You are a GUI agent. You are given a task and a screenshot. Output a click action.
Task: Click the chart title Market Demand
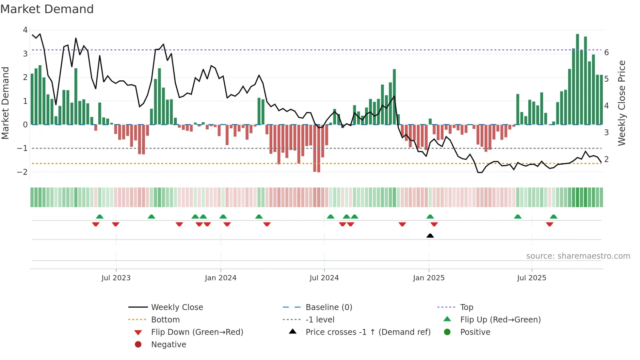[47, 9]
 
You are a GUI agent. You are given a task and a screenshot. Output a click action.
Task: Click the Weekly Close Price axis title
[622, 103]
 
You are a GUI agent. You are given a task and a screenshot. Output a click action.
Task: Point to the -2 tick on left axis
[22, 172]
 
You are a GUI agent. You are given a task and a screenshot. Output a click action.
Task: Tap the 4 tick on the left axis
[25, 30]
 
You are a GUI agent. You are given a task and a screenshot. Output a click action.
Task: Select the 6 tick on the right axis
[606, 53]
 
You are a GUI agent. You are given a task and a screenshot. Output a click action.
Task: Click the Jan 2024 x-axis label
[220, 278]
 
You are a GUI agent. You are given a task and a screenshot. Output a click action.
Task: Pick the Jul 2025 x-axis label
[532, 278]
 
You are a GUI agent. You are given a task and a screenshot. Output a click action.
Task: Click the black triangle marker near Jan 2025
[430, 236]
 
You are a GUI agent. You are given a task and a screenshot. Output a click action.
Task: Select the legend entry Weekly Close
[177, 307]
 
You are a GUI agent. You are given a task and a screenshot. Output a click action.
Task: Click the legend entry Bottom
[165, 319]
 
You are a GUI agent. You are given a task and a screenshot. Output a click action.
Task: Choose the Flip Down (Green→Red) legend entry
[197, 332]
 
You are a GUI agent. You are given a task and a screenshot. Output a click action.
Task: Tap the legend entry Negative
[168, 344]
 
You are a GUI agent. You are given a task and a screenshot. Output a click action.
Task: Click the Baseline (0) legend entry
[328, 307]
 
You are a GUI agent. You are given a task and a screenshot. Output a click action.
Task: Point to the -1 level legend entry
[320, 319]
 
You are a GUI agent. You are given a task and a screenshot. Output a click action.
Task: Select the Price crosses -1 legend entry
[368, 332]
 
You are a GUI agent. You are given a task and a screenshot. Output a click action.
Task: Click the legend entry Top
[466, 307]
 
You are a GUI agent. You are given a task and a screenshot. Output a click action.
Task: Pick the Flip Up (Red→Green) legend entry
[500, 319]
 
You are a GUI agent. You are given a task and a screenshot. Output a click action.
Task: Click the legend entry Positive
[475, 332]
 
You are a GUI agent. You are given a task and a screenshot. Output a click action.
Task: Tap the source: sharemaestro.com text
[578, 256]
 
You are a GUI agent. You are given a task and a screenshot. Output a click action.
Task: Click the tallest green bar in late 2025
[577, 78]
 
